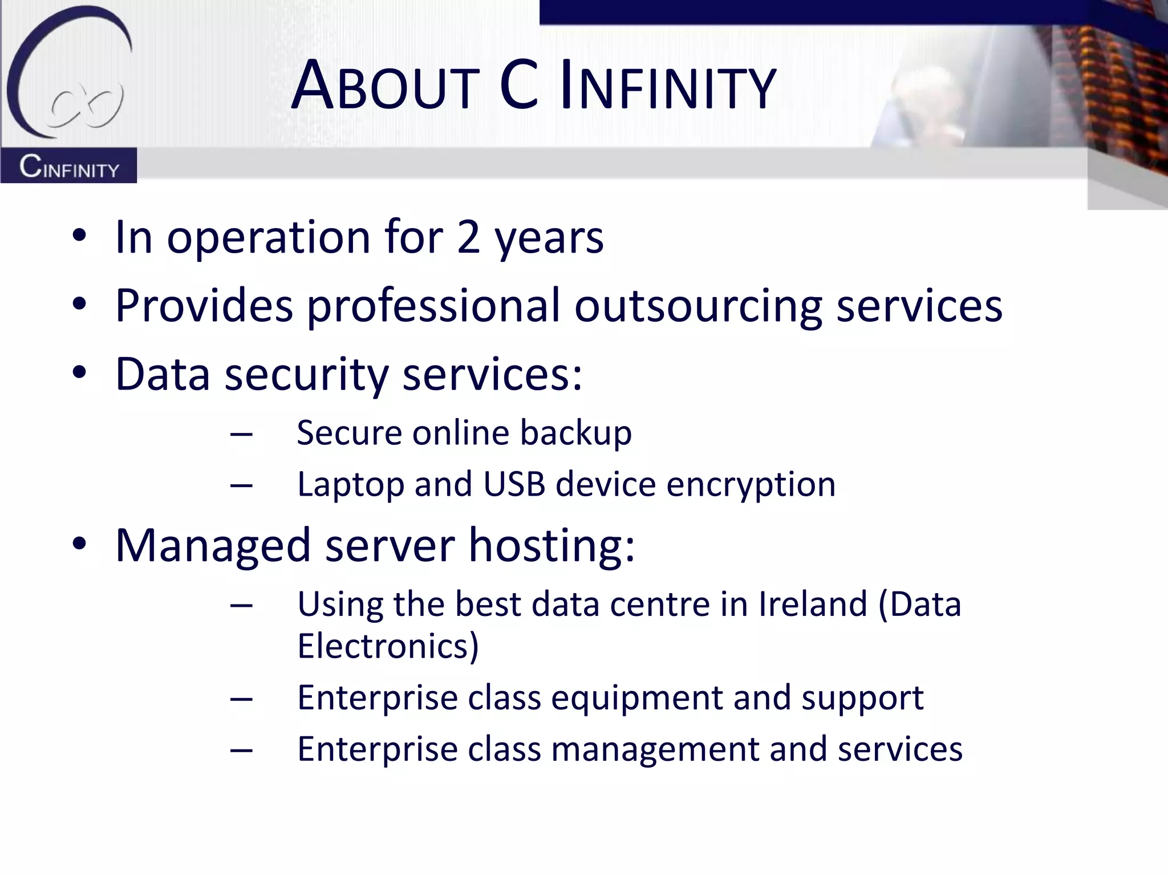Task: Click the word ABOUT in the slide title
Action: tap(385, 87)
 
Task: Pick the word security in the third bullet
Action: tap(306, 375)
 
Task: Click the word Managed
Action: tap(212, 546)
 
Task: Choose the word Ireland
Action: tap(813, 604)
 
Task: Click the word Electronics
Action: tap(388, 646)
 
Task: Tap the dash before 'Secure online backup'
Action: tap(241, 435)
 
